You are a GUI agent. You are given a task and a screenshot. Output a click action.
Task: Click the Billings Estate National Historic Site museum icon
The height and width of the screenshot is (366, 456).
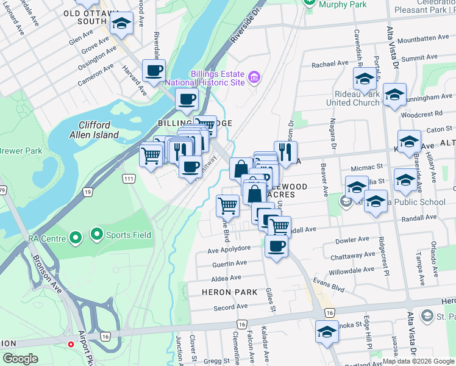pyautogui.click(x=254, y=77)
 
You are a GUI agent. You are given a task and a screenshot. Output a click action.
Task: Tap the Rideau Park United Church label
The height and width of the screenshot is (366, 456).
pyautogui.click(x=352, y=98)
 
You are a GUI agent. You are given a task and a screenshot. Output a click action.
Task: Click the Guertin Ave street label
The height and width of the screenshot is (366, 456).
pyautogui.click(x=229, y=263)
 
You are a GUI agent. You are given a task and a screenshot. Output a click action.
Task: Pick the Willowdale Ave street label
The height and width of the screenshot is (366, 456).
pyautogui.click(x=351, y=270)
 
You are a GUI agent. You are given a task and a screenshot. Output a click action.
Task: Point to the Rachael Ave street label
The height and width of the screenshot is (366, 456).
pyautogui.click(x=329, y=64)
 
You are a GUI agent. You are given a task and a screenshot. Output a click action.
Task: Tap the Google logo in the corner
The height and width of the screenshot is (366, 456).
pyautogui.click(x=21, y=359)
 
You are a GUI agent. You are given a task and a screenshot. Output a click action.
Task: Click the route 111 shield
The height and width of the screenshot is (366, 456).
pyautogui.click(x=128, y=178)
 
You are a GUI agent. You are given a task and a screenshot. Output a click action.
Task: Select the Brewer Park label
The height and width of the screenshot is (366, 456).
pyautogui.click(x=12, y=150)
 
